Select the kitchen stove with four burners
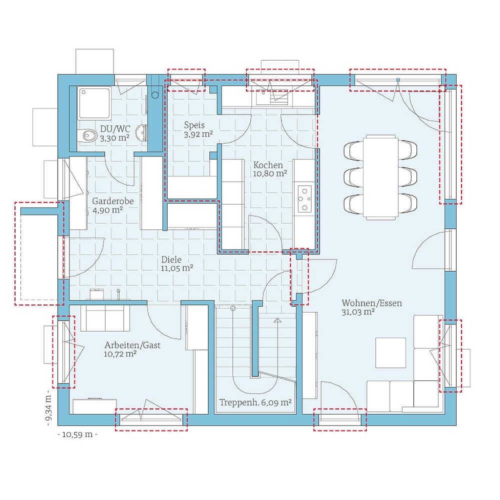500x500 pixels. [304, 199]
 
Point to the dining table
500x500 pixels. [381, 176]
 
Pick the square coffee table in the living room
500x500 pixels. [391, 352]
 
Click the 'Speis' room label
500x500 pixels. [194, 125]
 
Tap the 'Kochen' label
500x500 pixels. [268, 165]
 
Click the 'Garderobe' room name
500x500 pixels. [112, 201]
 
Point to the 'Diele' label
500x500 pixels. [171, 260]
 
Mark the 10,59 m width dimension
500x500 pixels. [77, 434]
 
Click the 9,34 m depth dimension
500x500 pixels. [48, 409]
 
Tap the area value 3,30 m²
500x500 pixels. [114, 138]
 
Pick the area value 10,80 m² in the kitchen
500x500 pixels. [270, 173]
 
